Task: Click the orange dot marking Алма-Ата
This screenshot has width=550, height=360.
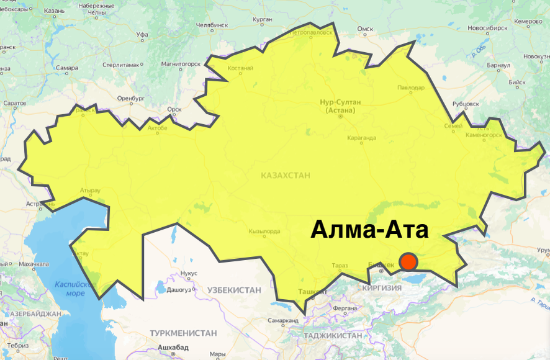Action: (x=408, y=262)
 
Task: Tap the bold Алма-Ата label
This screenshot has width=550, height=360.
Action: (x=369, y=230)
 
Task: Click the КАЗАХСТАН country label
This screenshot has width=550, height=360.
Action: (x=286, y=176)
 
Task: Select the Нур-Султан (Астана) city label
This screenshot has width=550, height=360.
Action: (x=340, y=106)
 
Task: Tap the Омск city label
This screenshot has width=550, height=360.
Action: (x=365, y=29)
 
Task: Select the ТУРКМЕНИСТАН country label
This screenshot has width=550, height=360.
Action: (x=183, y=333)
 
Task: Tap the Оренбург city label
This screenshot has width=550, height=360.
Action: (x=130, y=98)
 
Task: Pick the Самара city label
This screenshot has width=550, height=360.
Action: (x=66, y=68)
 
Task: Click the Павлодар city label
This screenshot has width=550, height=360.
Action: (x=411, y=88)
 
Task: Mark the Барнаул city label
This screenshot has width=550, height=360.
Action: (x=498, y=65)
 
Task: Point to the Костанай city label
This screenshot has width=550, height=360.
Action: (x=240, y=68)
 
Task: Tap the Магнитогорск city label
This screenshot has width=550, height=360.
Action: (x=181, y=63)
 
